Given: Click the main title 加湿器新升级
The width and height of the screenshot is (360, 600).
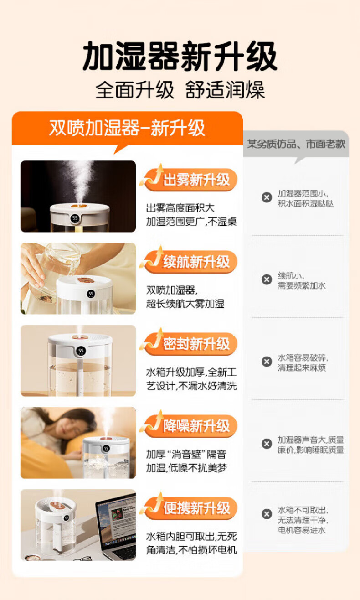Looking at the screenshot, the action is pos(180,56).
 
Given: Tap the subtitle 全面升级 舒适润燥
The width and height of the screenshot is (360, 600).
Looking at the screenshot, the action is pos(180,90).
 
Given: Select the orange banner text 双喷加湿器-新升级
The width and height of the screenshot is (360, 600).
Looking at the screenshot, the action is pos(127,128).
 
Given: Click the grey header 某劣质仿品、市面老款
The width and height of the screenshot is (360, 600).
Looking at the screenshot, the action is pos(296,144).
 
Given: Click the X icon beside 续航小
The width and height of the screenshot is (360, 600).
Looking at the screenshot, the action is pos(267,279).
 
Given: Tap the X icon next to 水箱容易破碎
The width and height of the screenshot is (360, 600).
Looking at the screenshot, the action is pos(267,362).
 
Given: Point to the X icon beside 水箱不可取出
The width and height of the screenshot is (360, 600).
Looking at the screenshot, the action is pos(267,514).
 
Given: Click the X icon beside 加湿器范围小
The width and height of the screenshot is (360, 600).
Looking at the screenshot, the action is pos(267,197).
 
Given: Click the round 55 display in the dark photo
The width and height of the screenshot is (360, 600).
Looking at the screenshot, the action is pos(75,218).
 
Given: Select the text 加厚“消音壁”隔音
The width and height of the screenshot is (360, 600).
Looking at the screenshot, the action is pos(186,454).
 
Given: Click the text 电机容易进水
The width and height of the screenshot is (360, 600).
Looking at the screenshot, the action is pos(302,530).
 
